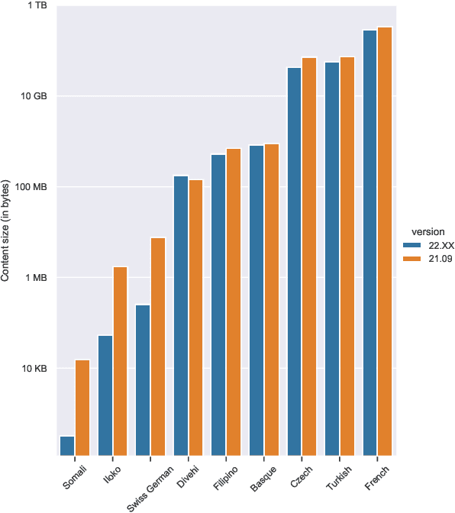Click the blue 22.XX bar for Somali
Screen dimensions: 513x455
click(67, 447)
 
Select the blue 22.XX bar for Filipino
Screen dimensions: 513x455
click(218, 305)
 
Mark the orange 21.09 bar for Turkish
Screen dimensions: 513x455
click(347, 256)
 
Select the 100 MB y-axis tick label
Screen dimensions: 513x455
click(32, 187)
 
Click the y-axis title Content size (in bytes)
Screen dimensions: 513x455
click(6, 231)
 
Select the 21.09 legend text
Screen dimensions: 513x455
click(440, 260)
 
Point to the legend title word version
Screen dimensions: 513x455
click(428, 231)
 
